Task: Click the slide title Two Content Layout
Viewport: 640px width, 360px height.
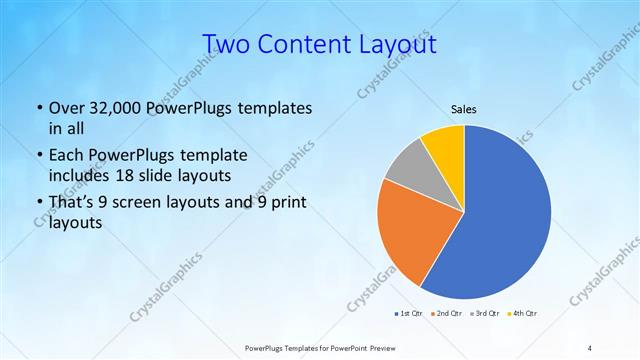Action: point(319,44)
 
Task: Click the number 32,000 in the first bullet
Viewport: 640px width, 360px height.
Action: point(109,108)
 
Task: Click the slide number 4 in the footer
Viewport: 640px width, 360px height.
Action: point(590,347)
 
